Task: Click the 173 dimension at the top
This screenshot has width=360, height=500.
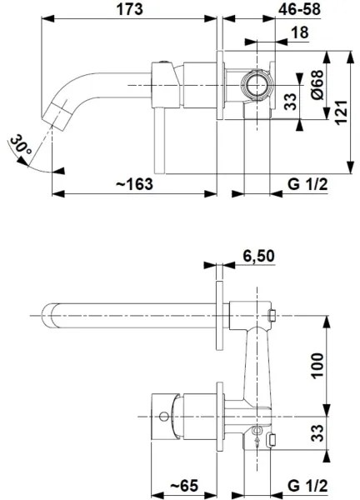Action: pos(130,10)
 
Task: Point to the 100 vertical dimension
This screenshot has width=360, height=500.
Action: pos(317,363)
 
